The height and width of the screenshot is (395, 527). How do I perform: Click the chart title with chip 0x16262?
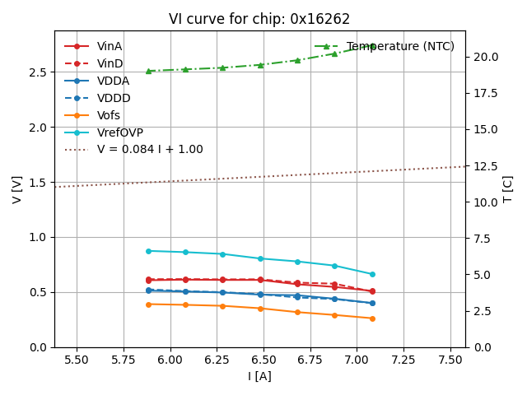[x=259, y=19]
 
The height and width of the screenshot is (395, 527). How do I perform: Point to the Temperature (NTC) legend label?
[x=400, y=46]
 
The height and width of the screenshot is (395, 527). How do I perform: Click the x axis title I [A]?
[x=259, y=377]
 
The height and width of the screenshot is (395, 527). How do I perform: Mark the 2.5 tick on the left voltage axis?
[x=37, y=72]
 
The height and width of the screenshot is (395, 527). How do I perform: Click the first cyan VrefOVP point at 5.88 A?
[x=148, y=251]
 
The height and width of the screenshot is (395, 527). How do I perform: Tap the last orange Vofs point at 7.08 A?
[x=372, y=318]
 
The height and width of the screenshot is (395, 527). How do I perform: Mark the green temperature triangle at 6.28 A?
[x=222, y=67]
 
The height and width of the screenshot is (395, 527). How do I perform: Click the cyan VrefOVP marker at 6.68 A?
[x=297, y=262]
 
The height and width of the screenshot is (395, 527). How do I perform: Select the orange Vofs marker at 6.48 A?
[x=260, y=309]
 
